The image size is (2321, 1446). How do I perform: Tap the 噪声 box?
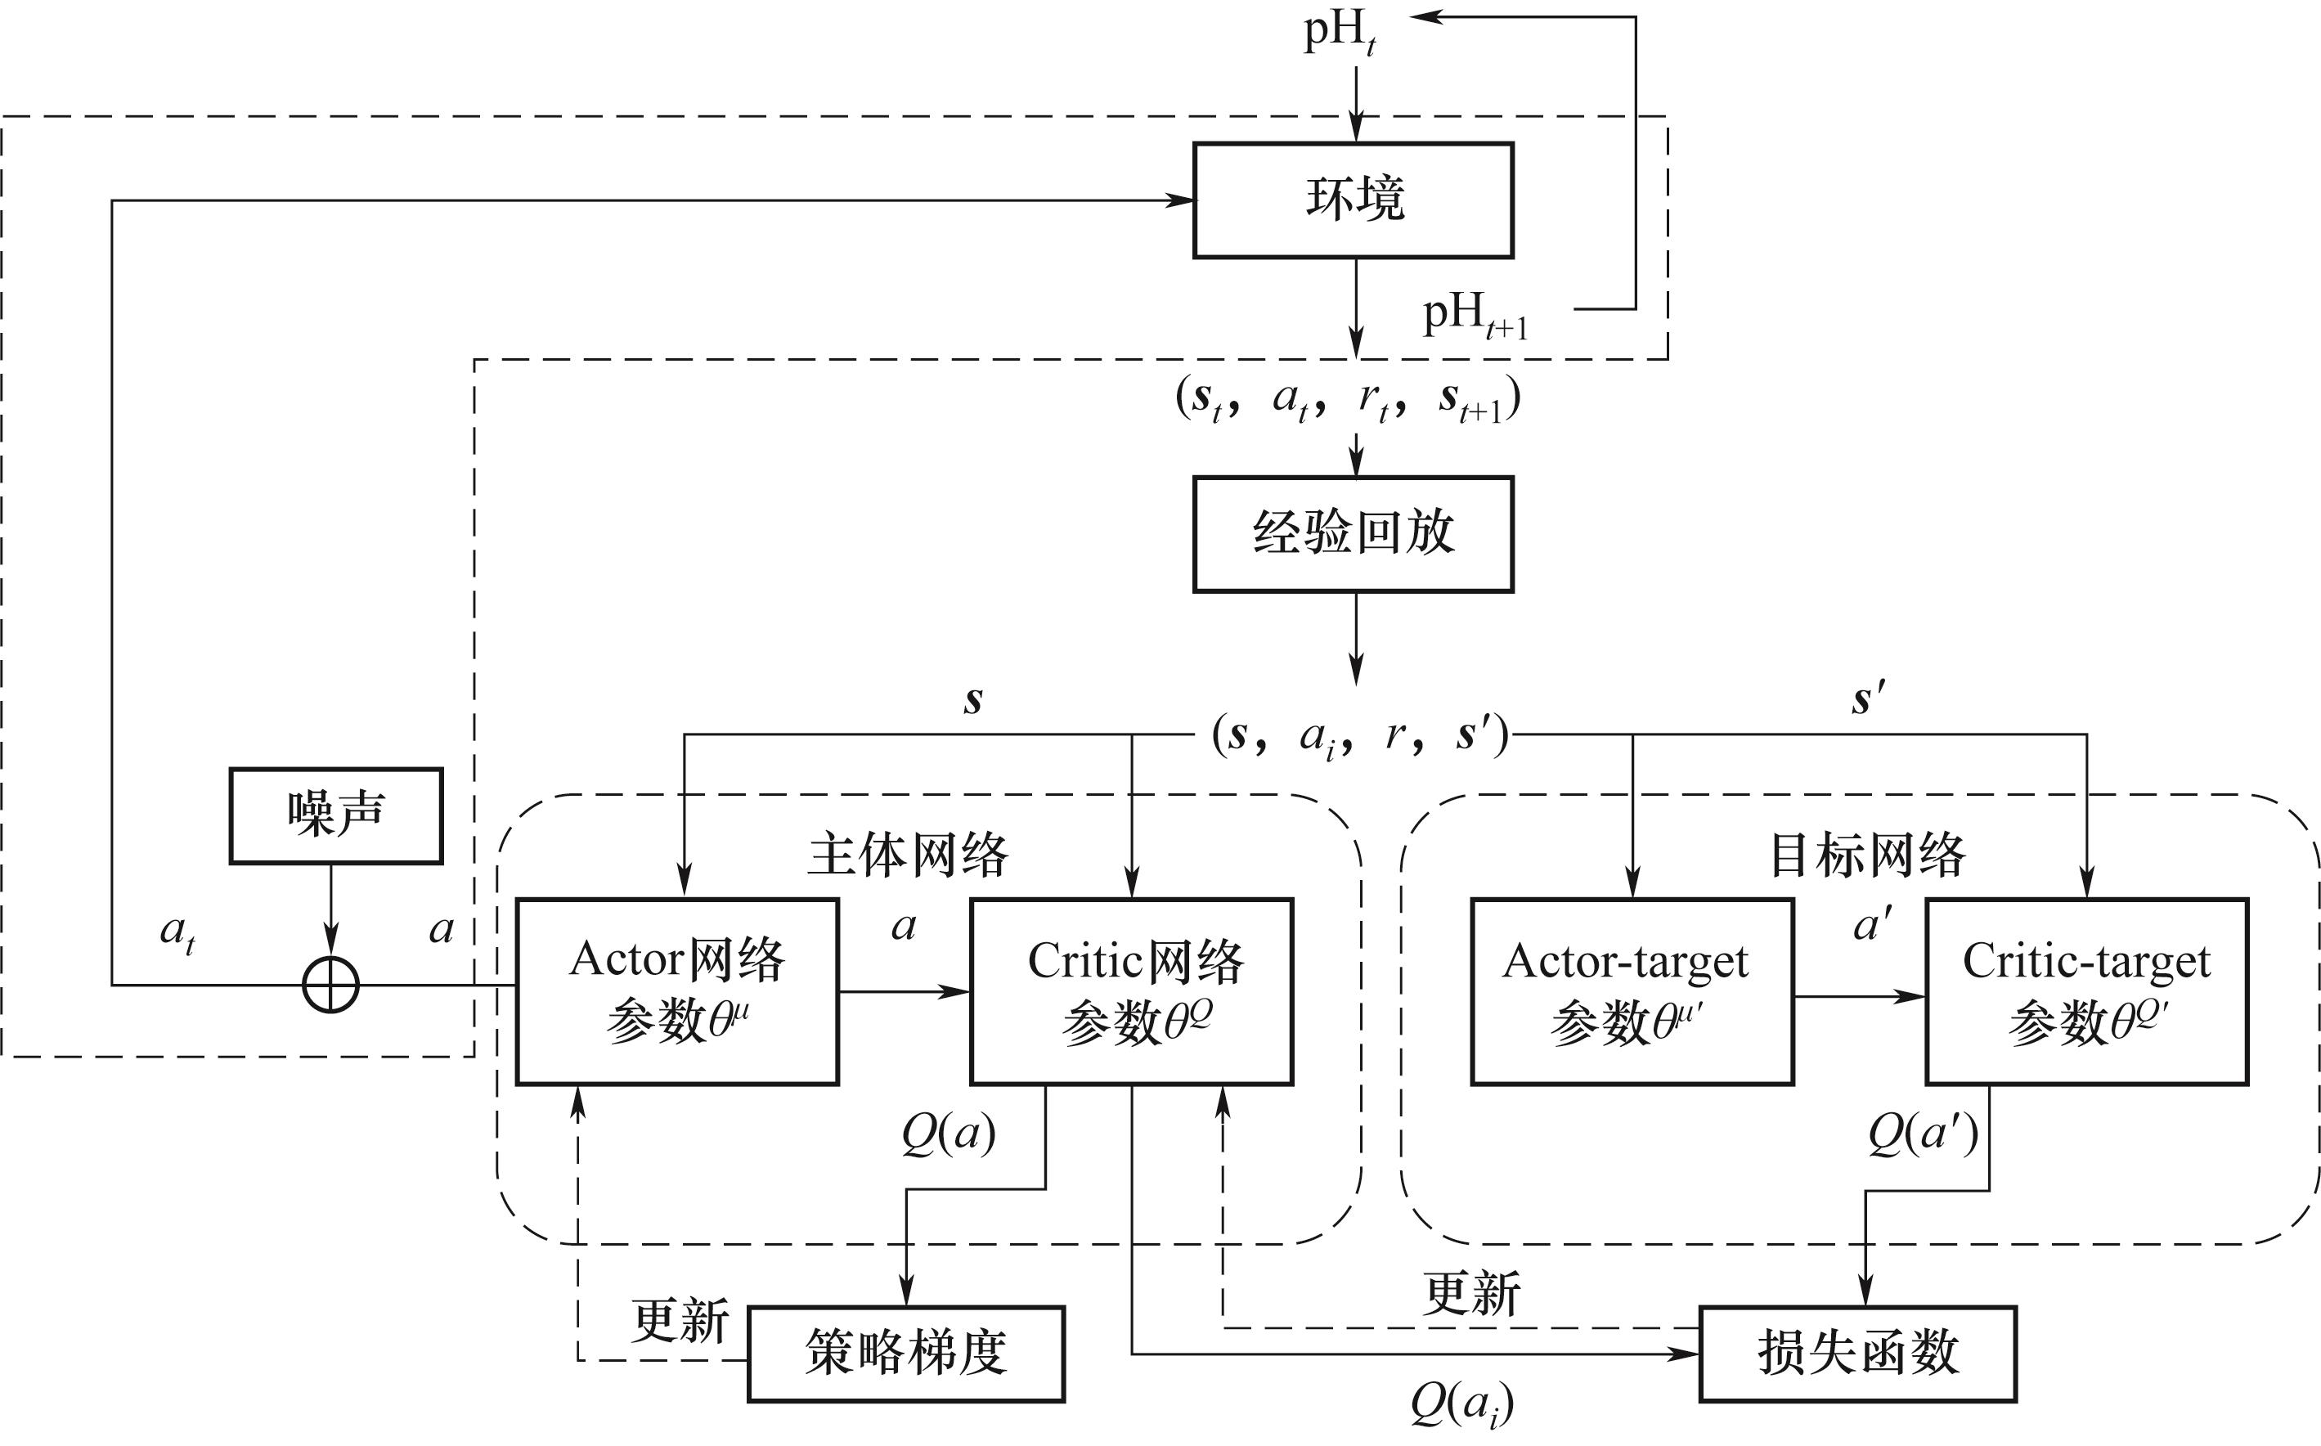(x=335, y=815)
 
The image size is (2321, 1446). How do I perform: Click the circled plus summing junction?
(x=331, y=985)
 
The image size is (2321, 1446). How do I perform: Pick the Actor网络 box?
(x=677, y=990)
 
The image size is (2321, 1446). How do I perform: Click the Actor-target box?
(x=1632, y=990)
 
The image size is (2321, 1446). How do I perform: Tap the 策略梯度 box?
(x=905, y=1354)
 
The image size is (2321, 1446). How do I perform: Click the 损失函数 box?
(x=1857, y=1354)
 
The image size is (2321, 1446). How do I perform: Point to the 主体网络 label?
(x=908, y=854)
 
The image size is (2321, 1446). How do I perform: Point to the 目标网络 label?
(x=1867, y=854)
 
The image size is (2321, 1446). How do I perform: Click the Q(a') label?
(x=1922, y=1135)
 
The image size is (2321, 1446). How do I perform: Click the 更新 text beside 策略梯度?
(x=679, y=1321)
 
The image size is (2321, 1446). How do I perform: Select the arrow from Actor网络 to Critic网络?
(x=904, y=992)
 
